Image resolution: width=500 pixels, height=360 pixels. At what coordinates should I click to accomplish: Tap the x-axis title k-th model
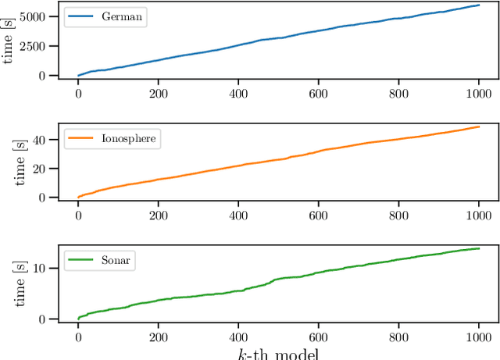pos(279,352)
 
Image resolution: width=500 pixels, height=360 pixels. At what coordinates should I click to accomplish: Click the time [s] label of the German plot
pos(9,45)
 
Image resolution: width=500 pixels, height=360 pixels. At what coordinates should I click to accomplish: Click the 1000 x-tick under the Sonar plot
pos(479,337)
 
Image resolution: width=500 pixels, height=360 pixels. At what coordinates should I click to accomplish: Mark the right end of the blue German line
pos(479,5)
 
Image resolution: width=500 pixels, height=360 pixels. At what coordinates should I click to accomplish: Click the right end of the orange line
pos(479,127)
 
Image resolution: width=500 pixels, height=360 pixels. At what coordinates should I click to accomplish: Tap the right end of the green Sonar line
pos(479,248)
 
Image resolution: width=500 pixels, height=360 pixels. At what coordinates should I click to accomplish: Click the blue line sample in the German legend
pos(80,16)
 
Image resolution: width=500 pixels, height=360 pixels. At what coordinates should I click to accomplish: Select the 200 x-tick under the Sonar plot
pos(159,337)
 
